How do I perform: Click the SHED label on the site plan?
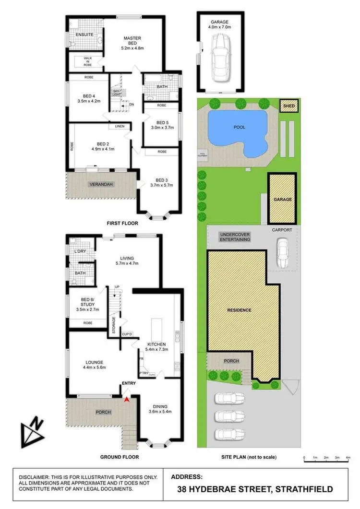[x=289, y=106]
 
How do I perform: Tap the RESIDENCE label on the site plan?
[x=240, y=310]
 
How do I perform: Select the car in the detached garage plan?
[x=219, y=53]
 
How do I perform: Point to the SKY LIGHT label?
[x=116, y=93]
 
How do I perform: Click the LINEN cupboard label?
[x=120, y=127]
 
